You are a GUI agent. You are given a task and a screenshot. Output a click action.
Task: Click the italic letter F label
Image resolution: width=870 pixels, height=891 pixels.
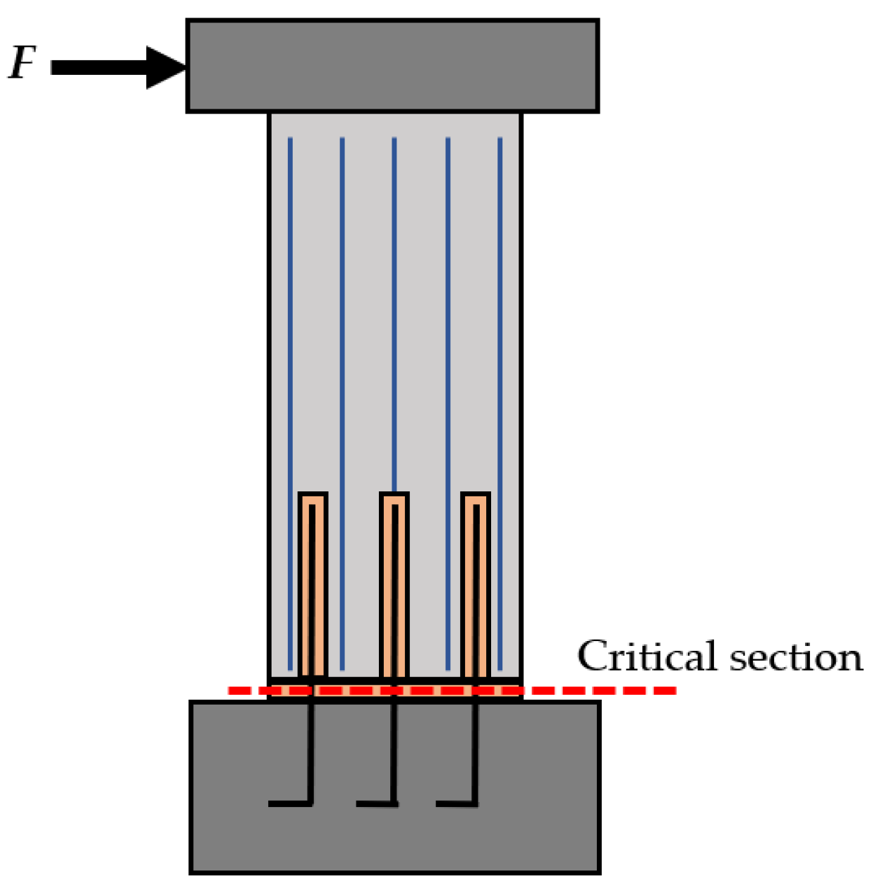click(23, 63)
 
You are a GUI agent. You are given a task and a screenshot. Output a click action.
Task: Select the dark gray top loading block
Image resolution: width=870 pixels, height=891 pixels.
click(392, 66)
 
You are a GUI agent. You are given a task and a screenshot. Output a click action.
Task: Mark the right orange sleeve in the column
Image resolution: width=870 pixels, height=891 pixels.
click(468, 586)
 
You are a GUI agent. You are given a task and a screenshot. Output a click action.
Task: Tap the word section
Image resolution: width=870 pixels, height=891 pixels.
click(796, 658)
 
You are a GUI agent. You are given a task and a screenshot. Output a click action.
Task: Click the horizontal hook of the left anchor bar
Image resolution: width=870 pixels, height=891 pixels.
click(290, 803)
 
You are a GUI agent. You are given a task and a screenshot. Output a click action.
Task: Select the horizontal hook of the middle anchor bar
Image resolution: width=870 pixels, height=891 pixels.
click(376, 803)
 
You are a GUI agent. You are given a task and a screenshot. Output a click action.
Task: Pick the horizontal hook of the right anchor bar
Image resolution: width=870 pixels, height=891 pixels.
click(456, 803)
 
